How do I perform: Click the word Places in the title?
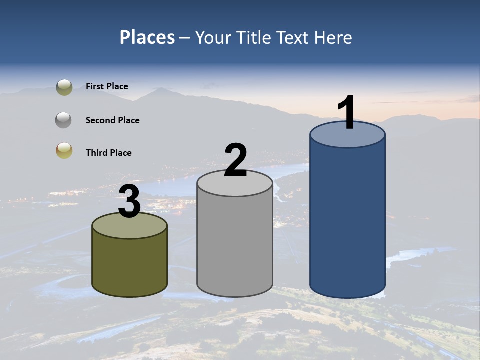click(147, 37)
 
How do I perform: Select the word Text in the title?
click(293, 37)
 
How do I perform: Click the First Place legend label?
click(107, 86)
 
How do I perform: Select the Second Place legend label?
click(112, 120)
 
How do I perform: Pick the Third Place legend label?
click(108, 153)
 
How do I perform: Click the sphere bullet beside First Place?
click(64, 87)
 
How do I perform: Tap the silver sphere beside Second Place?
click(63, 120)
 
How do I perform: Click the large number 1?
click(346, 113)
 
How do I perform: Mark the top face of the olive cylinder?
click(129, 227)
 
